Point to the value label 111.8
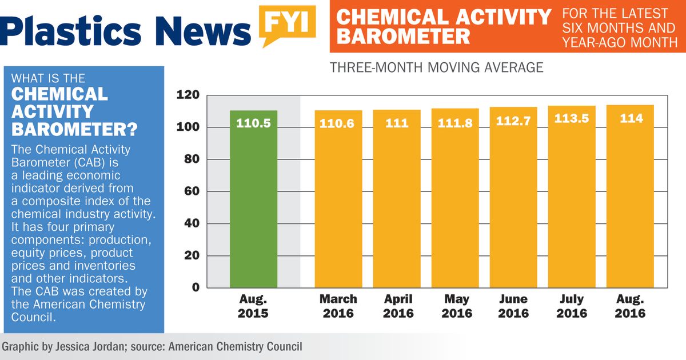(x=455, y=123)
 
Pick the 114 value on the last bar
(x=631, y=119)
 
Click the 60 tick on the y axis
(x=191, y=191)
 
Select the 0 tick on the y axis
(x=195, y=287)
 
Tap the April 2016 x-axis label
(x=397, y=306)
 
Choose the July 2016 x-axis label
(x=571, y=306)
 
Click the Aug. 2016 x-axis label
(x=630, y=306)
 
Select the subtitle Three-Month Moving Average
(x=436, y=67)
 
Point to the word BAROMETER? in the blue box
(x=74, y=129)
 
